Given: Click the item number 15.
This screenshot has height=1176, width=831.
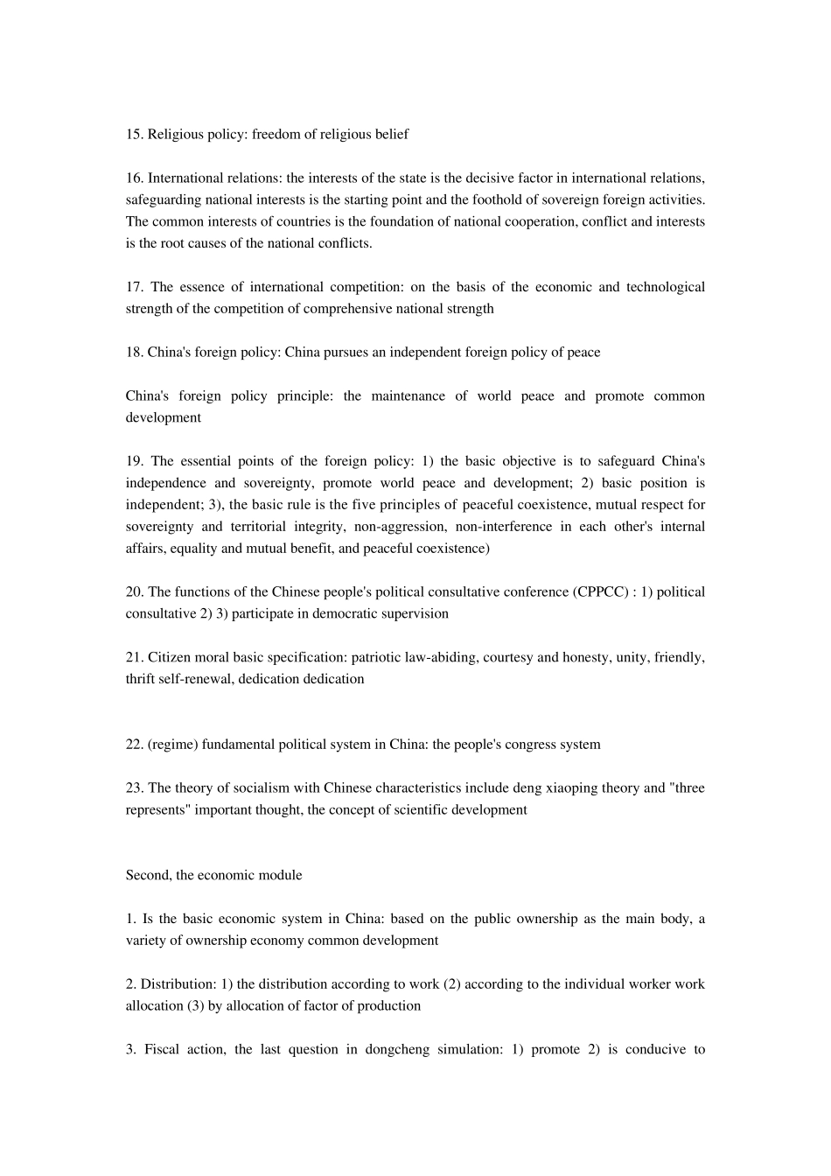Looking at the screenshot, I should [134, 134].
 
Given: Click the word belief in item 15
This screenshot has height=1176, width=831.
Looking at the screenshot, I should [390, 134].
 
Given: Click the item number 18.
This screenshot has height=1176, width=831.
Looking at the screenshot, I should [134, 353].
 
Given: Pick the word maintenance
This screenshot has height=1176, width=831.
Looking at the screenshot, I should [406, 396].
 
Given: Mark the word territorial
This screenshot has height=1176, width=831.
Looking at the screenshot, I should [263, 527].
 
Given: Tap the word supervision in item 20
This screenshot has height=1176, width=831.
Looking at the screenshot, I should [415, 614].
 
